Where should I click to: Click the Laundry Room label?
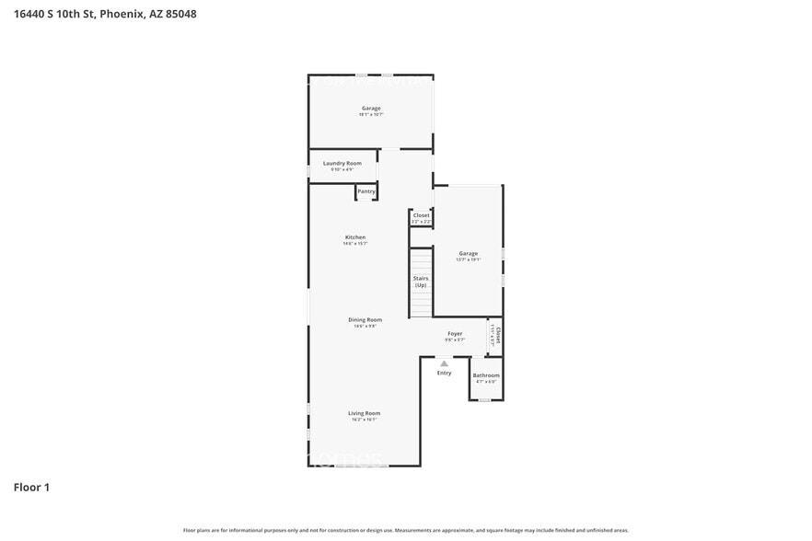tap(342, 163)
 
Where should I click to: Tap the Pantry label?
tap(366, 191)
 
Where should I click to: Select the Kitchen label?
tap(355, 237)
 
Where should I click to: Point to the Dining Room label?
tap(365, 320)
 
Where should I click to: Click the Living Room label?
tap(364, 413)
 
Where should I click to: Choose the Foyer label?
tap(455, 334)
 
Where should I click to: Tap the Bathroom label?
tap(486, 375)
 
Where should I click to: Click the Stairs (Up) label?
tap(421, 282)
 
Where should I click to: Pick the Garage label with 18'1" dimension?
tap(370, 109)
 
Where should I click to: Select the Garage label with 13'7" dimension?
tap(469, 254)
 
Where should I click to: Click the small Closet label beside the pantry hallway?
tap(421, 215)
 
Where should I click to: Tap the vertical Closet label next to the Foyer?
tap(497, 334)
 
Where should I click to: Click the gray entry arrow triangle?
tap(444, 363)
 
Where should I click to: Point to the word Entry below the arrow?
tap(444, 373)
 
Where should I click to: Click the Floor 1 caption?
tap(31, 487)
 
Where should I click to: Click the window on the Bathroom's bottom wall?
tap(485, 400)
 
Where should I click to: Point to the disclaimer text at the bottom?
tap(406, 530)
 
